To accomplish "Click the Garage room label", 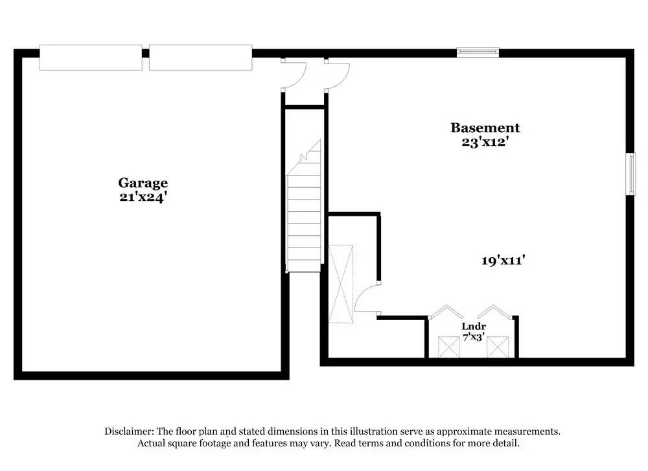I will [x=143, y=183].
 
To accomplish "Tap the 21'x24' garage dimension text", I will [x=143, y=197].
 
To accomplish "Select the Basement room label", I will [x=485, y=128].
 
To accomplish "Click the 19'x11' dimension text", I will [x=502, y=260].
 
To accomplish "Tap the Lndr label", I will [x=474, y=326].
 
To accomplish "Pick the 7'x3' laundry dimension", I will [x=474, y=336].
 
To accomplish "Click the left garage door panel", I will [x=91, y=58].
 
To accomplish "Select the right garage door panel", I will [x=200, y=58].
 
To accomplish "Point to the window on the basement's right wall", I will [x=631, y=173].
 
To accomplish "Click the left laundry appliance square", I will [x=448, y=347].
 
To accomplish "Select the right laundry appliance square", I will [x=498, y=347].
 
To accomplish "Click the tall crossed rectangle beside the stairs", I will [x=340, y=283].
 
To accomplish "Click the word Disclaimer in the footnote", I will [x=128, y=431].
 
